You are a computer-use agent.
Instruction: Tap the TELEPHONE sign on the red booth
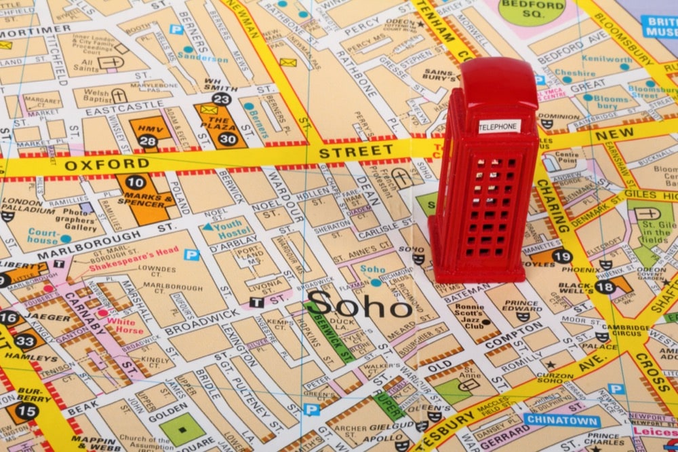(499, 126)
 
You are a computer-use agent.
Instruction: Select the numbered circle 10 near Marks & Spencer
(136, 182)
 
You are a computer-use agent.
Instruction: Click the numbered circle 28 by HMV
(147, 141)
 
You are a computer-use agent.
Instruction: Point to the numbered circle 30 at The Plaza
(228, 139)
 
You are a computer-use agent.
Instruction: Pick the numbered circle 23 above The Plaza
(221, 99)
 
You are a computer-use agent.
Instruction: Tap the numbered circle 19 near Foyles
(561, 257)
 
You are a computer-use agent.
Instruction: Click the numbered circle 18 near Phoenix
(605, 287)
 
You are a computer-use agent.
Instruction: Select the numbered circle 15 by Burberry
(26, 411)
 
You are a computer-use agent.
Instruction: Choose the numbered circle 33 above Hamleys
(25, 341)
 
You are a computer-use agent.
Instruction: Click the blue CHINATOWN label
(553, 420)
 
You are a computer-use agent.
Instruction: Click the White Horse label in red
(125, 326)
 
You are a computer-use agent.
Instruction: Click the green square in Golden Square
(182, 430)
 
